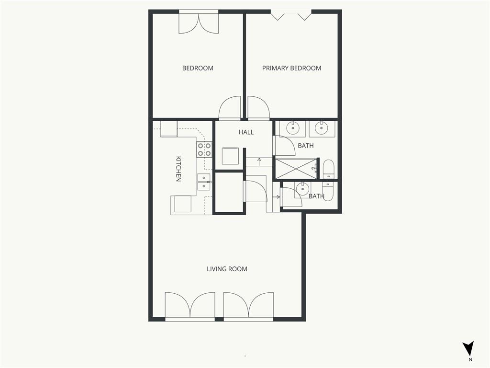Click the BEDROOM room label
pos(198,68)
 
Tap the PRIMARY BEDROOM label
pos(291,68)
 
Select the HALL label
pos(246,132)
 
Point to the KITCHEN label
pos(178,169)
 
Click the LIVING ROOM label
pos(227,269)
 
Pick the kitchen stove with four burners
pos(204,149)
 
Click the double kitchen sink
pos(204,182)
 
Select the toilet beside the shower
pos(328,170)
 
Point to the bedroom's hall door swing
pos(230,108)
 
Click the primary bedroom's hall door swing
pos(258,108)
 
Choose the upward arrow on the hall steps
pos(259,161)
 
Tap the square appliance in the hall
pos(231,156)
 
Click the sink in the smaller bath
pos(303,189)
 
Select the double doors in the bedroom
pos(199,23)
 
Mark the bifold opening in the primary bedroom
pos(291,16)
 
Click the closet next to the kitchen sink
pos(229,193)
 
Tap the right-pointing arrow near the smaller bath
pos(277,197)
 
